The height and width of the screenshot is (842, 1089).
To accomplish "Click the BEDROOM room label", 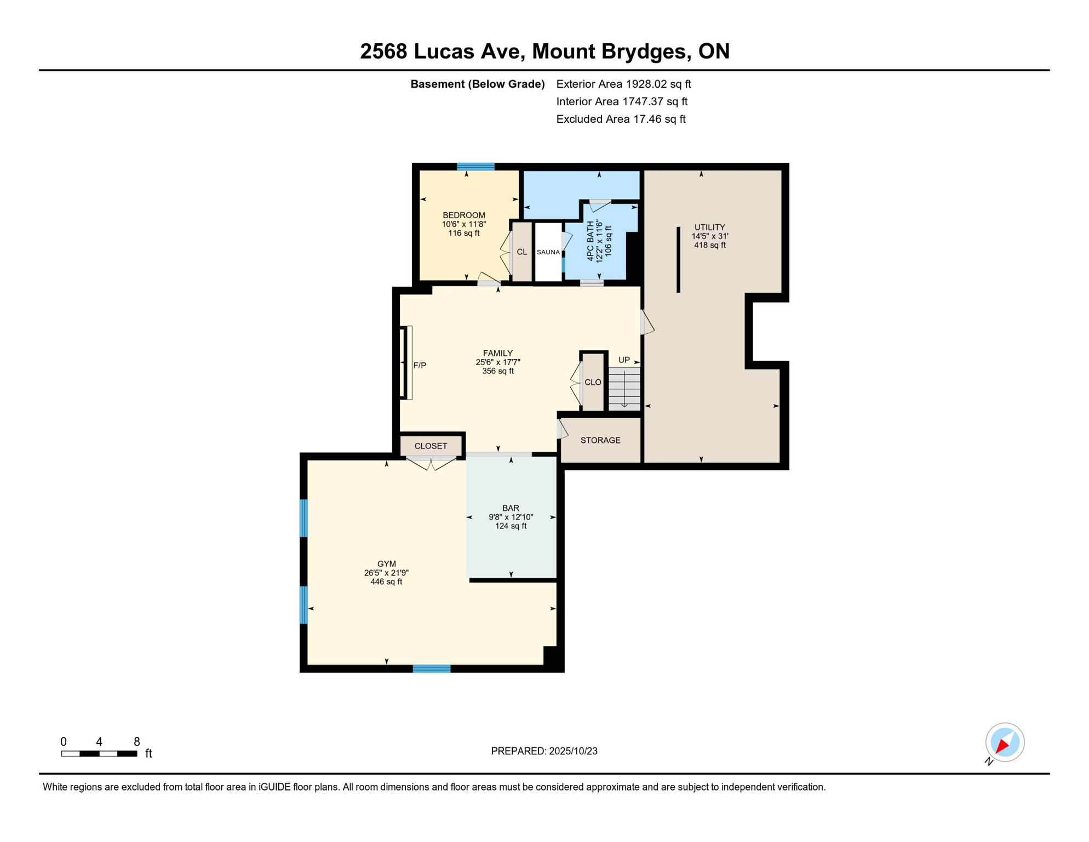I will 464,215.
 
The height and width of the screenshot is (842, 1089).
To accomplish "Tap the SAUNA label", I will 548,252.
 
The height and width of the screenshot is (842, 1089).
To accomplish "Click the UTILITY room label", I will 709,227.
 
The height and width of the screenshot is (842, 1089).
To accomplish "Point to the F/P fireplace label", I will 420,366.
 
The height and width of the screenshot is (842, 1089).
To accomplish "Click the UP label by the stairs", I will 624,360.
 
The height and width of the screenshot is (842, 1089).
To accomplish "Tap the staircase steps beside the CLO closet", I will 624,389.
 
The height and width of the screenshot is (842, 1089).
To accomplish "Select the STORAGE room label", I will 600,440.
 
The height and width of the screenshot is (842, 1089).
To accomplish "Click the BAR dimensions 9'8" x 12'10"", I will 511,517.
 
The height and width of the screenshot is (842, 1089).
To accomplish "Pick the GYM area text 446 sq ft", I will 386,582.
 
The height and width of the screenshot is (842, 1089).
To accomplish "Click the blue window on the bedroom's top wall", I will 475,167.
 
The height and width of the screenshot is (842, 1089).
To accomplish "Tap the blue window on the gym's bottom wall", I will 431,669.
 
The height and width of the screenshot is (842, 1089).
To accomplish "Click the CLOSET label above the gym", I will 431,446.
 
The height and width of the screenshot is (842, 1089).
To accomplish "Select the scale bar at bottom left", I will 99,754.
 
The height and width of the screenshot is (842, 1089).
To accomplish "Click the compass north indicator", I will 1005,743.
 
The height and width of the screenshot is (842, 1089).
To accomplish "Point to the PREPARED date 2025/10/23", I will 544,751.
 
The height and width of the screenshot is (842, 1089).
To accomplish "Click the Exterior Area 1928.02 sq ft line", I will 623,84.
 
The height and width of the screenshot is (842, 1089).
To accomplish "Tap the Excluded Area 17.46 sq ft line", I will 621,119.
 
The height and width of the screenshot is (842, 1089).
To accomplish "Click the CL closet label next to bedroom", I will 521,252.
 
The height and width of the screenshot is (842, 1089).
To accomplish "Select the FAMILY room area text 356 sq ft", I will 497,371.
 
